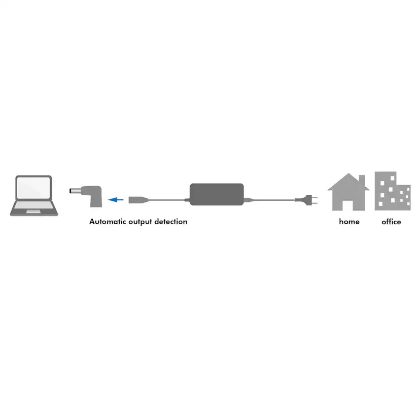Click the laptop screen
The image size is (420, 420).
tap(33, 188)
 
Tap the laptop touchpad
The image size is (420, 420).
tap(33, 212)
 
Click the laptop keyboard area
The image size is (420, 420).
tap(34, 205)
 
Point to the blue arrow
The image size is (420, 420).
tap(116, 199)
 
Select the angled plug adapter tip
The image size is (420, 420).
tap(75, 191)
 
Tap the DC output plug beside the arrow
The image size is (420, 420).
tap(138, 200)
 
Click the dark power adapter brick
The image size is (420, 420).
tap(217, 194)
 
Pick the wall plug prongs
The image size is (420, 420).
tap(314, 200)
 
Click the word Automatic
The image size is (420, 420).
tap(108, 222)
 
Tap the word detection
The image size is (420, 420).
tap(170, 222)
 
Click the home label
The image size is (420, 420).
tap(349, 222)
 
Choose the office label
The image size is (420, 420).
tap(391, 222)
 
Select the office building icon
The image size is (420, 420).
tap(393, 191)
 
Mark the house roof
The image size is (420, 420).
tap(348, 182)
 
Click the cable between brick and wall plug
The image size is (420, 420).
tap(274, 200)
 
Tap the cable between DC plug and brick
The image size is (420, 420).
tap(166, 200)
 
